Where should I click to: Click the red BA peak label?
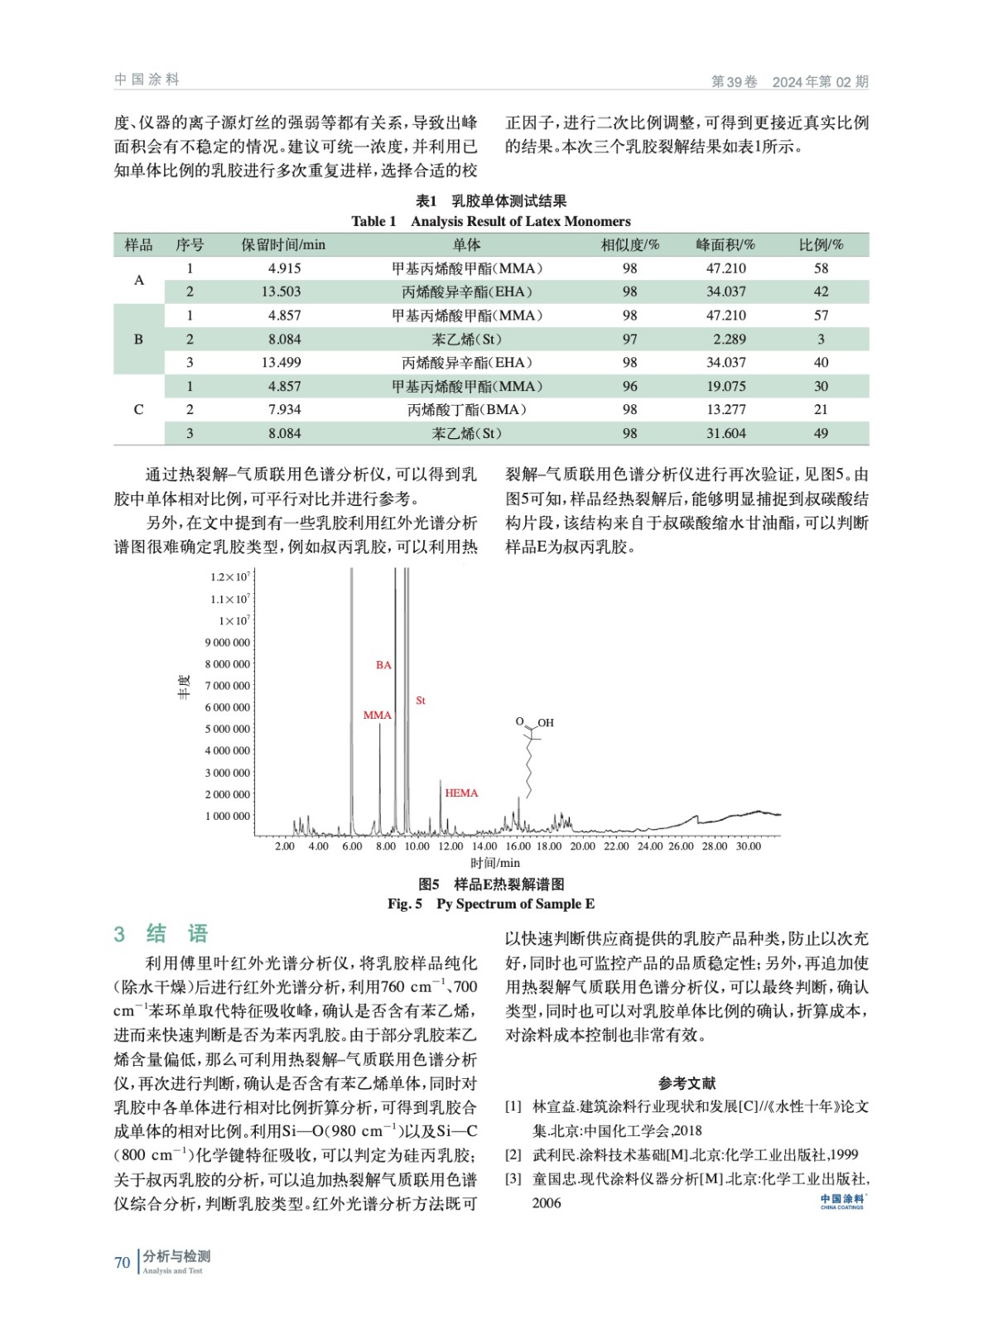click(x=383, y=665)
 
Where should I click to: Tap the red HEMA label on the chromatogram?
click(x=461, y=793)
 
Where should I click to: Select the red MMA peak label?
click(x=377, y=715)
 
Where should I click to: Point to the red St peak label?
click(x=421, y=701)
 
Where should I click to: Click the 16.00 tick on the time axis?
click(x=518, y=846)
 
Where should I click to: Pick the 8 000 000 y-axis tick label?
click(x=228, y=664)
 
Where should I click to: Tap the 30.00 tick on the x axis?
click(x=748, y=846)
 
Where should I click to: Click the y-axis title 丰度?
click(x=184, y=687)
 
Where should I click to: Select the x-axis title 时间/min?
click(x=495, y=863)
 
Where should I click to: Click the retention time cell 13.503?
click(x=281, y=291)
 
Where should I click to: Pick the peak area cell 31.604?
click(x=725, y=433)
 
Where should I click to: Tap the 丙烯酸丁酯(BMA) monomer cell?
click(x=467, y=410)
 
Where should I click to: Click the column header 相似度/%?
click(x=629, y=245)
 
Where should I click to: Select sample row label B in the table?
click(x=138, y=339)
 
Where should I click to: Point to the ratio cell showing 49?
click(x=821, y=433)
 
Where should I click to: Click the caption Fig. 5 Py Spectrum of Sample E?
click(x=491, y=903)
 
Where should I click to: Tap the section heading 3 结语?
click(x=161, y=934)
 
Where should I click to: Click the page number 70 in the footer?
click(x=123, y=1263)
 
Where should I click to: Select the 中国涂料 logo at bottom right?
click(x=842, y=1201)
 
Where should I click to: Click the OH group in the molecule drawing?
click(x=546, y=723)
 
